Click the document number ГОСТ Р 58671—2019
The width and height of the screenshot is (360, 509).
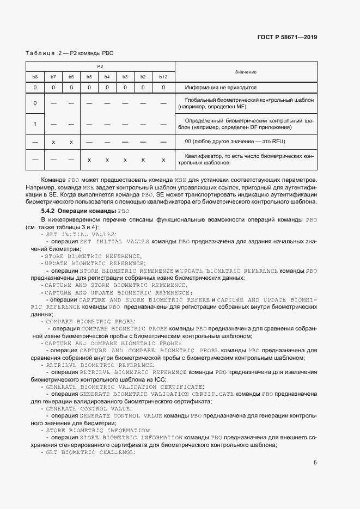pos(286,38)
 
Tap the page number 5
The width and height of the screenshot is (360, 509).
pos(315,463)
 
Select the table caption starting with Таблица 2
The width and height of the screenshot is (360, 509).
pos(69,53)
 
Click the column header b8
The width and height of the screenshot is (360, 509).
pos(35,77)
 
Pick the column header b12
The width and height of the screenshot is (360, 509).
pos(163,77)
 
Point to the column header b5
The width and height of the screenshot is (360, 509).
pos(89,77)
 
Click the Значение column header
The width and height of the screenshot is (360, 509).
pos(246,72)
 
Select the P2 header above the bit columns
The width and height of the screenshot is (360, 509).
pos(100,66)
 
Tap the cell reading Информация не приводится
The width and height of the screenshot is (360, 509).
pos(221,87)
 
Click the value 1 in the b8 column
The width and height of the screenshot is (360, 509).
pos(35,124)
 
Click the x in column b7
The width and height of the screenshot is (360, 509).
pos(53,142)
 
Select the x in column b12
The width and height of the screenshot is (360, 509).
pos(163,160)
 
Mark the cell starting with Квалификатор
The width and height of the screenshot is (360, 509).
pos(246,160)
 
